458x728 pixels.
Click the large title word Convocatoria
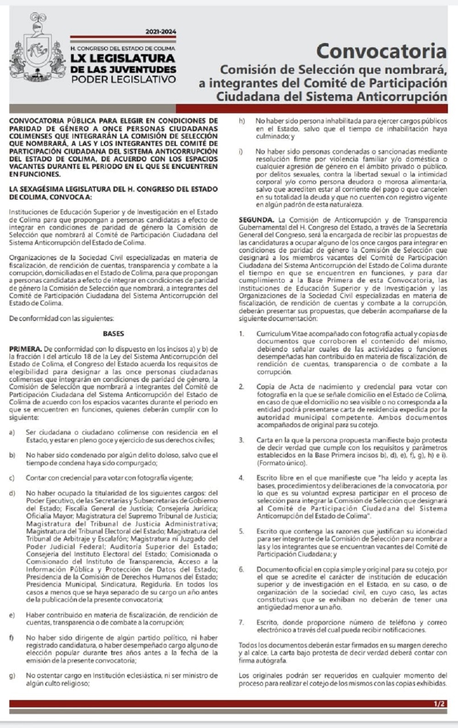(381, 51)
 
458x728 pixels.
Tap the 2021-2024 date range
(160, 32)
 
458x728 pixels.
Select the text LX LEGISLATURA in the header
(123, 59)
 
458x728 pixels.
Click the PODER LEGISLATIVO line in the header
(123, 79)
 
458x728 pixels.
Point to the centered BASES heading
(113, 334)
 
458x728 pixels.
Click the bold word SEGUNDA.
(256, 220)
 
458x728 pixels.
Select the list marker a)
(12, 432)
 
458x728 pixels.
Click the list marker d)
(12, 493)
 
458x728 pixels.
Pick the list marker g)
(12, 675)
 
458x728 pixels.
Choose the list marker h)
(242, 121)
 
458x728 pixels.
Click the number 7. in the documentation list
(241, 622)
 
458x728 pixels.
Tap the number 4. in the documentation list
(241, 478)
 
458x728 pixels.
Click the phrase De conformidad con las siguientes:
(61, 318)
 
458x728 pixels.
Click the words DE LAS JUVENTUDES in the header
(123, 69)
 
